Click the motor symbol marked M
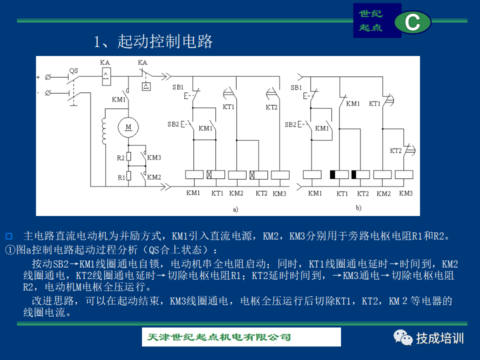tap(128, 127)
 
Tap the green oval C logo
tap(412, 22)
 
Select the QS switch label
tap(73, 70)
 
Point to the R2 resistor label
tap(120, 158)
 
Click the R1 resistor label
tap(121, 177)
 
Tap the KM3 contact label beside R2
tap(154, 157)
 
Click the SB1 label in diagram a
tap(177, 87)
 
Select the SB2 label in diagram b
tap(290, 124)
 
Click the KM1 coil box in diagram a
tap(194, 175)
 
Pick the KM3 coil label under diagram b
tap(406, 193)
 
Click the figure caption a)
tap(235, 209)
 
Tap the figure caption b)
tap(358, 208)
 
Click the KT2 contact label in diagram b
tap(395, 150)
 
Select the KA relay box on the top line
tap(106, 76)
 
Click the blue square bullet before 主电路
tap(9, 236)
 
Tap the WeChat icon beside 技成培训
tap(403, 337)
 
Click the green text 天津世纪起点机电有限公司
tap(218, 337)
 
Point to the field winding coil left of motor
tap(104, 131)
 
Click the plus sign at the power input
tap(38, 77)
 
